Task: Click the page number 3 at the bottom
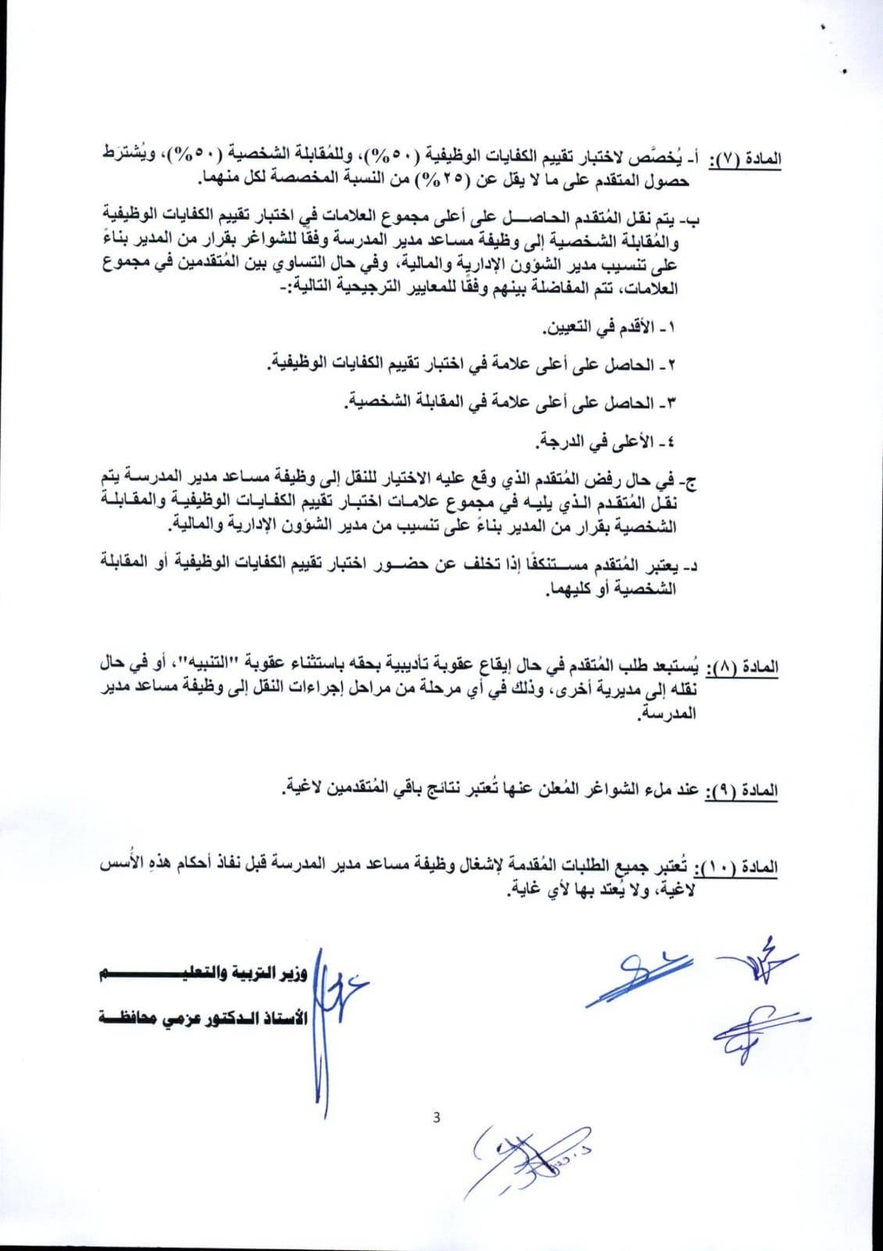pyautogui.click(x=436, y=1117)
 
